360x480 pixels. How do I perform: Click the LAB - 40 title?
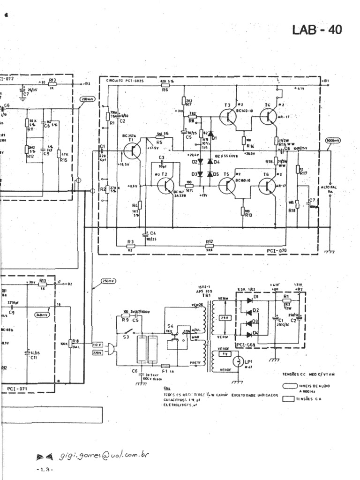[317, 30]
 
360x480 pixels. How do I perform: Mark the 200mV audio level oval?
[88, 99]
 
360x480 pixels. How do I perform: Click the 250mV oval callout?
[108, 281]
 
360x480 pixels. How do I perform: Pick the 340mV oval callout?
[44, 315]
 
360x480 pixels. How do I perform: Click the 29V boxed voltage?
[223, 318]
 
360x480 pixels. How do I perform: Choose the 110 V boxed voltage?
[97, 345]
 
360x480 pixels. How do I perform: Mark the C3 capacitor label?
[161, 157]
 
